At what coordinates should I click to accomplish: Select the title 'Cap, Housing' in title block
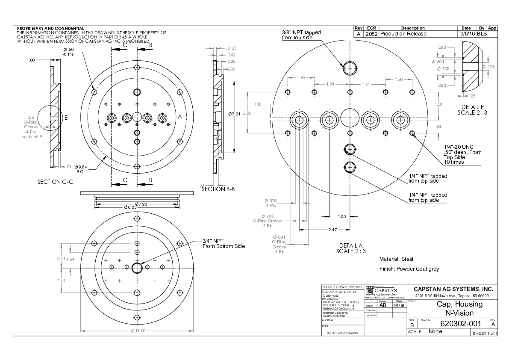pos(459,304)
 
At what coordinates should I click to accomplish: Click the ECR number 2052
pos(371,34)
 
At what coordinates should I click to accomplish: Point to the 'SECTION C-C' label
pos(56,182)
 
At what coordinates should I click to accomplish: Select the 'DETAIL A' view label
pos(350,245)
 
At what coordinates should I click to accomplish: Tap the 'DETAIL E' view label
pos(473,106)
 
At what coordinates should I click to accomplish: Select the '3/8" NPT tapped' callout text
pos(301,32)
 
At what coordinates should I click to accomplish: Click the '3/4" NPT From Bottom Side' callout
pos(224,244)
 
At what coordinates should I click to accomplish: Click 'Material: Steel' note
pos(396,259)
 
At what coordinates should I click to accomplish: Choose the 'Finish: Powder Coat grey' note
pos(409,269)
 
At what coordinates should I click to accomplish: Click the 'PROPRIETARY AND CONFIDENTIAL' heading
pos(50,29)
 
